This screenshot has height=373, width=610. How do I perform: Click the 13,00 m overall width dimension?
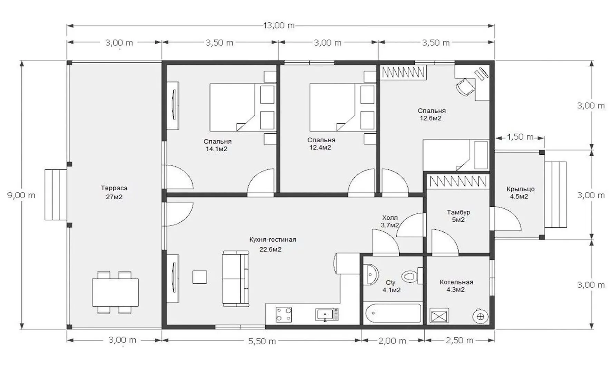(279, 25)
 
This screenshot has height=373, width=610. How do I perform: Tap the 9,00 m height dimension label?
(21, 195)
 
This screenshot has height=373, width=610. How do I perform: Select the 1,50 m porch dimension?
(520, 137)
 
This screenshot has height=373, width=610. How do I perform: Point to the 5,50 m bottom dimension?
(262, 341)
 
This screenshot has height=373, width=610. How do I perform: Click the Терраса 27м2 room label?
(114, 192)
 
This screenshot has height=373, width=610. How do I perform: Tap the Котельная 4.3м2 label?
(456, 286)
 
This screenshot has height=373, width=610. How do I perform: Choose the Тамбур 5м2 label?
(458, 216)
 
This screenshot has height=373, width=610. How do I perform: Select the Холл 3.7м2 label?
(390, 221)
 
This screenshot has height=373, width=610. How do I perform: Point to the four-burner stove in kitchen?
(284, 315)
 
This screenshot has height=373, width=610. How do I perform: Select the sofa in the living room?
(235, 279)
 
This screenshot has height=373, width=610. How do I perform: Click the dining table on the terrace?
(115, 292)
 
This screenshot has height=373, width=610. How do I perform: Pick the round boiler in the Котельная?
(481, 316)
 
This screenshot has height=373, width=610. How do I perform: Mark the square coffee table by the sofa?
(200, 277)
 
